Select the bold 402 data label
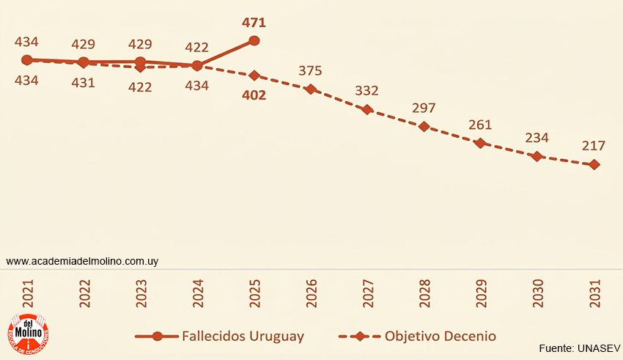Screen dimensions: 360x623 tap(254, 95)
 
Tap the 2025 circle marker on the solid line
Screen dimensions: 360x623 tap(254, 41)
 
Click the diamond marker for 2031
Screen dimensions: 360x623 tap(594, 165)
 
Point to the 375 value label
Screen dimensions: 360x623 tap(310, 71)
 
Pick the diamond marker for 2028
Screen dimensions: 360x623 tap(424, 126)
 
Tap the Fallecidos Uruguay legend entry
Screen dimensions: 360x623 tap(220, 337)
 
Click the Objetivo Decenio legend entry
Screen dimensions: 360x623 tap(418, 337)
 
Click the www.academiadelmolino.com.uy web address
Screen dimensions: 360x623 tap(82, 261)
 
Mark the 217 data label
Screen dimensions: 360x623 tap(594, 146)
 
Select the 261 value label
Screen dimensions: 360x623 tap(481, 125)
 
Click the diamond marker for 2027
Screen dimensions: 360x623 tap(367, 109)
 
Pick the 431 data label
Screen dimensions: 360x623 tap(84, 83)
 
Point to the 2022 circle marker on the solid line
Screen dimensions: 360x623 tap(84, 62)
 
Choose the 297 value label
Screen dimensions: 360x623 tap(424, 109)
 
